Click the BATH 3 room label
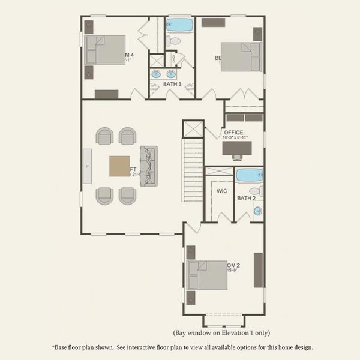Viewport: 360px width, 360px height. (x=172, y=85)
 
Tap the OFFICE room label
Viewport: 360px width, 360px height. (x=233, y=133)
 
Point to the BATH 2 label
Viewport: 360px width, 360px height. (x=246, y=198)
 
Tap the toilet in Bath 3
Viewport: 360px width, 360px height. (x=173, y=41)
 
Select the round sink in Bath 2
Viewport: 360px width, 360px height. (x=257, y=211)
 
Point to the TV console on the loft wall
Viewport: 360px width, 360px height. (x=87, y=166)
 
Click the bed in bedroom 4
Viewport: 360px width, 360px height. (x=107, y=49)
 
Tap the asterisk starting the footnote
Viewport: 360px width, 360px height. (x=54, y=347)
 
